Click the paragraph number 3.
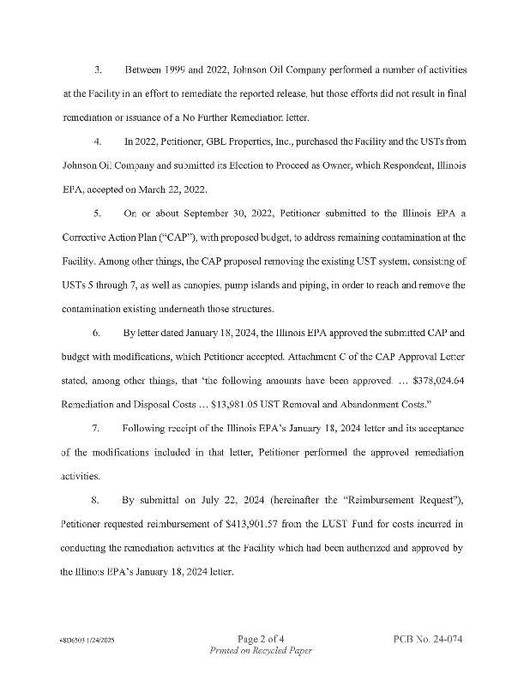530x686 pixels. (98, 68)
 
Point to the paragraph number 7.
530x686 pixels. (97, 428)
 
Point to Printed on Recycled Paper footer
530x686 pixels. (261, 652)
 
